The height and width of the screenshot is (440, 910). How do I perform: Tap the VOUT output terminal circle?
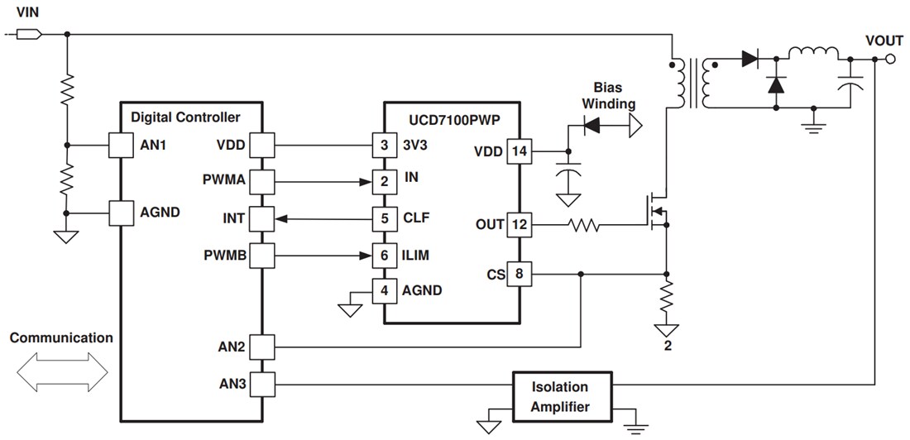click(x=890, y=58)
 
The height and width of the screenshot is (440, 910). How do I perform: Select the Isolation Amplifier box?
click(x=560, y=396)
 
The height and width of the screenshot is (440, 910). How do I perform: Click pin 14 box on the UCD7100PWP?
click(x=519, y=151)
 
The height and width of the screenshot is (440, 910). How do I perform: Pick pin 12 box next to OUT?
click(x=519, y=224)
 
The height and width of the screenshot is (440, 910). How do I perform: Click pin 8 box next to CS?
click(x=519, y=274)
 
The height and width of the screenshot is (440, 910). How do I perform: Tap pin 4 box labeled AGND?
click(x=383, y=290)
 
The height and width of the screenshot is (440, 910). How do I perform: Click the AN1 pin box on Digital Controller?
click(x=122, y=146)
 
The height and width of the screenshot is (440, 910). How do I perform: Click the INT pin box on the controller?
click(x=261, y=219)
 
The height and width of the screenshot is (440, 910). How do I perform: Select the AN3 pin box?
click(x=261, y=384)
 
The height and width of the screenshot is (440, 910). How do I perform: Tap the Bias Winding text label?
click(x=608, y=95)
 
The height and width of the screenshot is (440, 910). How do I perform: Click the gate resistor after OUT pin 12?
click(x=583, y=224)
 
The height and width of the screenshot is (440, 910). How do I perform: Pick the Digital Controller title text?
click(x=185, y=117)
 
